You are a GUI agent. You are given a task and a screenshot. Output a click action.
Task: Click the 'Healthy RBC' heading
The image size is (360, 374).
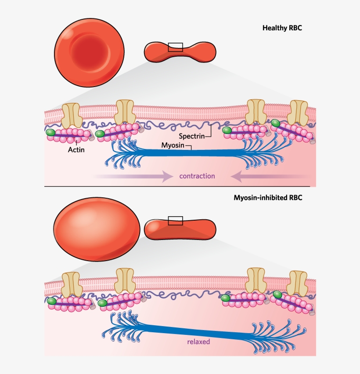click(282, 28)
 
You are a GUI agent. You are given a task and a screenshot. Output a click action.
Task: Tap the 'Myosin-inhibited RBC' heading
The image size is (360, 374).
click(268, 198)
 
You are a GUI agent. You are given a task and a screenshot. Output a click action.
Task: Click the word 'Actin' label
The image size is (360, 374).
click(76, 149)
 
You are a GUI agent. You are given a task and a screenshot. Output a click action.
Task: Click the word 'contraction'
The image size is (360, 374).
click(197, 176)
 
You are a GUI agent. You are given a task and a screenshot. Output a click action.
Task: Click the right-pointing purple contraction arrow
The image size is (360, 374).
click(136, 177)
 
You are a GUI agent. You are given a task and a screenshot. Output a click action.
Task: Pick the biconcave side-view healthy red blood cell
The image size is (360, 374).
click(178, 51)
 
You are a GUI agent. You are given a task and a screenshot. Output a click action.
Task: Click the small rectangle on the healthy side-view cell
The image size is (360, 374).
click(176, 47)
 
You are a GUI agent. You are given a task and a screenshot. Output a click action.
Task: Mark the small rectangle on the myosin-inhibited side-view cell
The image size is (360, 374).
click(176, 220)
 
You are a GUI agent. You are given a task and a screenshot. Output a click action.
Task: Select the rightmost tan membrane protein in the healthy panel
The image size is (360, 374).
click(299, 113)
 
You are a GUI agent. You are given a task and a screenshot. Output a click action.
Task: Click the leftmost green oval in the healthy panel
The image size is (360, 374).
click(51, 132)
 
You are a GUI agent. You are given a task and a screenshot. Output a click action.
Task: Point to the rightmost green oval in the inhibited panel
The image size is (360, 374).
click(277, 294)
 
